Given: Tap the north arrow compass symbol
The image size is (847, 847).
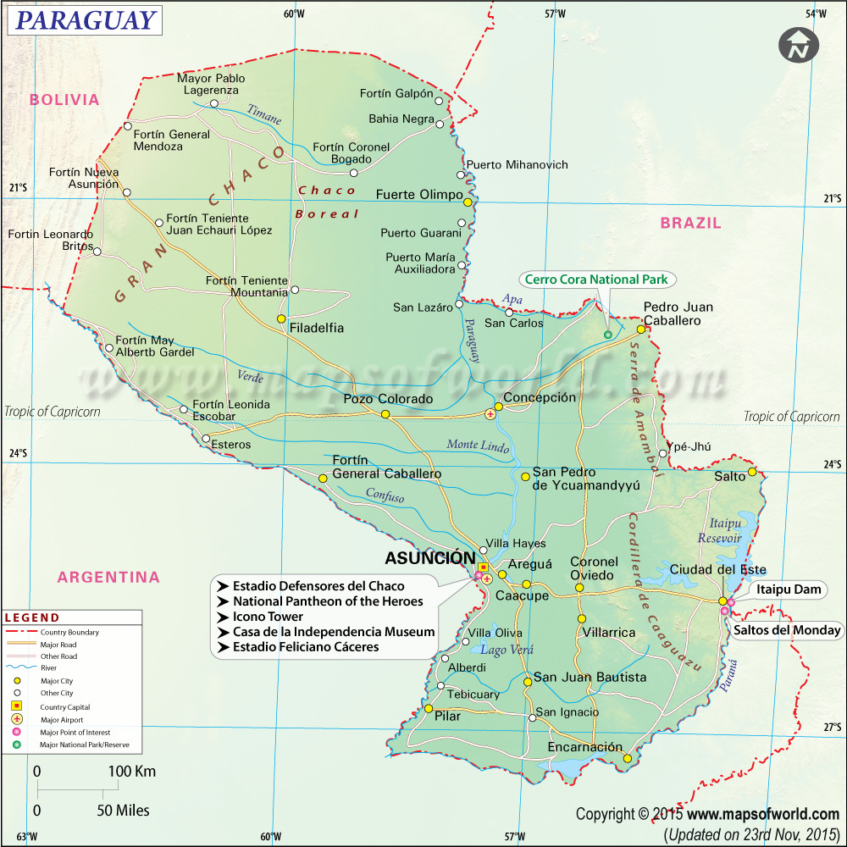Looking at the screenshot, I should (797, 44).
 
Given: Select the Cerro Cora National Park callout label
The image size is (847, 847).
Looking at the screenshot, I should (596, 279).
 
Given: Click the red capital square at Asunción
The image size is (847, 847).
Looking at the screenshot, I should (483, 567).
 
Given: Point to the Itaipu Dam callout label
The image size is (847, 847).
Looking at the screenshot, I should (789, 590).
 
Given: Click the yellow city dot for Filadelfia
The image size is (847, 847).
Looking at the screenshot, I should (281, 318).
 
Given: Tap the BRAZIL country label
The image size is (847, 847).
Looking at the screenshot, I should (690, 223).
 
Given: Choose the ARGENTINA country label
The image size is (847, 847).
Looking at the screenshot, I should (108, 578).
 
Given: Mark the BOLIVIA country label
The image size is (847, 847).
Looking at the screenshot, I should (64, 99).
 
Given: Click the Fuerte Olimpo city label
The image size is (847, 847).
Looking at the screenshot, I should (418, 195).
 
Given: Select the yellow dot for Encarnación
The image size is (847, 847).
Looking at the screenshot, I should (627, 758).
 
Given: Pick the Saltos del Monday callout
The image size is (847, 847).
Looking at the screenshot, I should (787, 630).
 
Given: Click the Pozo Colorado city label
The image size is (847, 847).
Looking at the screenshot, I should (388, 399).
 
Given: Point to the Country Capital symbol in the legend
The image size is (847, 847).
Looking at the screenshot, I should (16, 706).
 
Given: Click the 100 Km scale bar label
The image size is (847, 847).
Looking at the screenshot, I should (132, 772).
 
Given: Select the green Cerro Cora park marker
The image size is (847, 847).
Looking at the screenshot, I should (607, 335).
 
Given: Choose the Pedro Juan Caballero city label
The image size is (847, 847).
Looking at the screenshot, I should (678, 314).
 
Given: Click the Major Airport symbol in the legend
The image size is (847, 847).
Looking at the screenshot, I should (16, 719).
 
